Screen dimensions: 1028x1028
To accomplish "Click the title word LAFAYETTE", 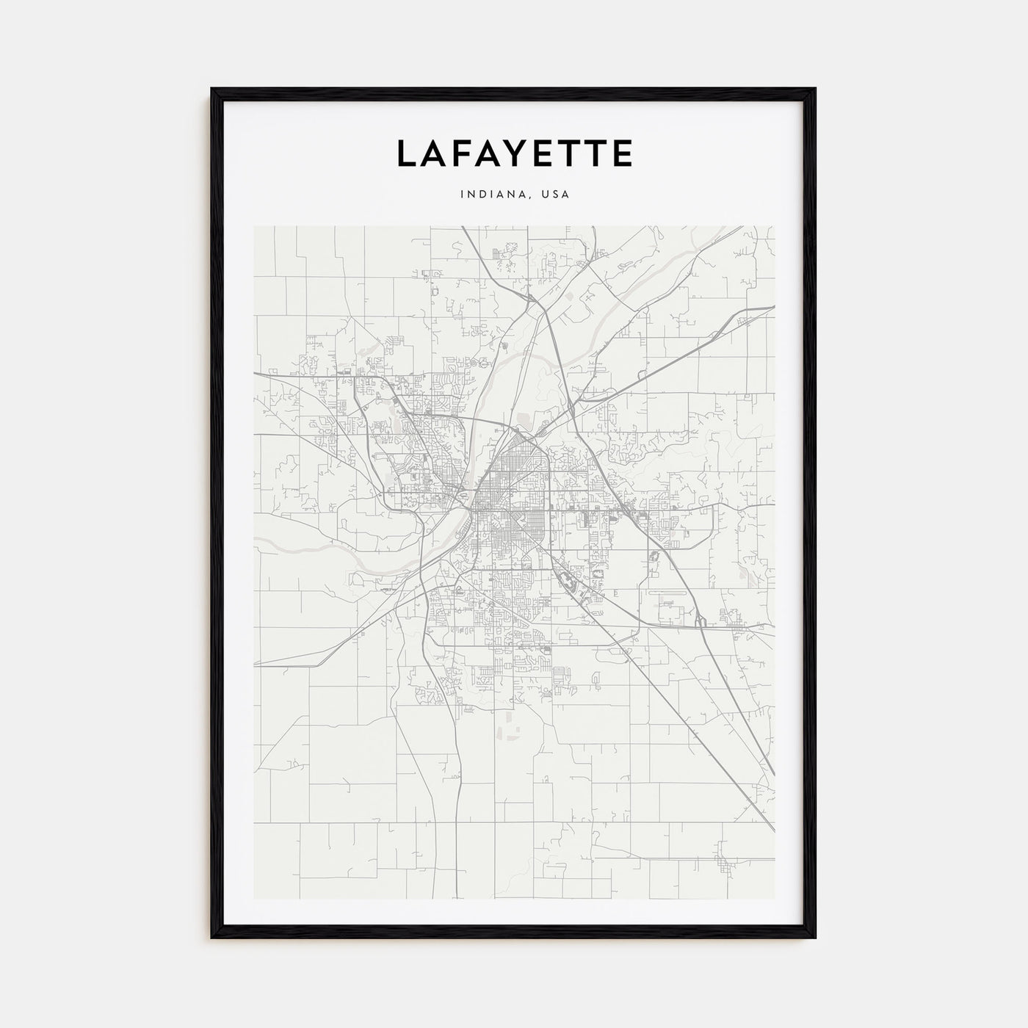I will (514, 153).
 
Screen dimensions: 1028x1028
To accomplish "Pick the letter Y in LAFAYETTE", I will (519, 153).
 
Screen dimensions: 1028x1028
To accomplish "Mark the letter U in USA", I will (544, 195).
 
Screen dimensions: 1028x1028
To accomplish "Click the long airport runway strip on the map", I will (668, 592).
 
